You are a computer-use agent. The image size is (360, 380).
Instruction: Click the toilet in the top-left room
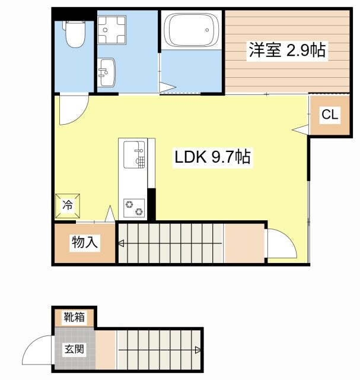click(74, 34)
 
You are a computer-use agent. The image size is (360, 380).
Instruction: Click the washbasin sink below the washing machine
click(107, 72)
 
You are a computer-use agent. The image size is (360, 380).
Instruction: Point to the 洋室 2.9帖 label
click(287, 50)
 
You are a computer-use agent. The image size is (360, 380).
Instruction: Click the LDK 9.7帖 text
click(212, 157)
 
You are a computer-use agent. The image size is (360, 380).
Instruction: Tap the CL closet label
click(330, 115)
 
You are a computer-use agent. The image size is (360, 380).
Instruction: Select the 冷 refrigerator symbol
click(67, 205)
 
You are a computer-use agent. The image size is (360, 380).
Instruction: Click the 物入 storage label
click(84, 242)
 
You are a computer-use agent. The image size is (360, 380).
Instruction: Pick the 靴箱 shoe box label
click(75, 317)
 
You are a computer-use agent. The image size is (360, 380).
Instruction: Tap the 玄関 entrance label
click(74, 349)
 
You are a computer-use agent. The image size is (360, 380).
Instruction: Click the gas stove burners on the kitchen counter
click(133, 208)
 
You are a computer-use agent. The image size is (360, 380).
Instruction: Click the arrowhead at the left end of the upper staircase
click(120, 243)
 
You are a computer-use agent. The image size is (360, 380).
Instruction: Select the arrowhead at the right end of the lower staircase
click(197, 350)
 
